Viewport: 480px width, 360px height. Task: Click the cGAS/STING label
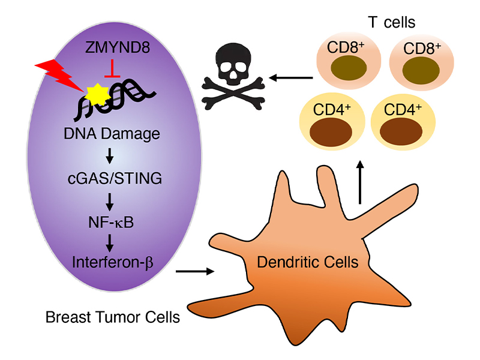pyautogui.click(x=112, y=179)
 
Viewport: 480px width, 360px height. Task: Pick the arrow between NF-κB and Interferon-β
pyautogui.click(x=112, y=243)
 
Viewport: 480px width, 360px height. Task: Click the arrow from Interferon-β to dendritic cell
pyautogui.click(x=196, y=272)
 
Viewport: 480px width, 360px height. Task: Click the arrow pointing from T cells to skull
pyautogui.click(x=290, y=77)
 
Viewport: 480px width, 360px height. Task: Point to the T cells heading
pyautogui.click(x=392, y=23)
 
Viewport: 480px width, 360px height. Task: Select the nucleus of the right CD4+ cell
pyautogui.click(x=402, y=130)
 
